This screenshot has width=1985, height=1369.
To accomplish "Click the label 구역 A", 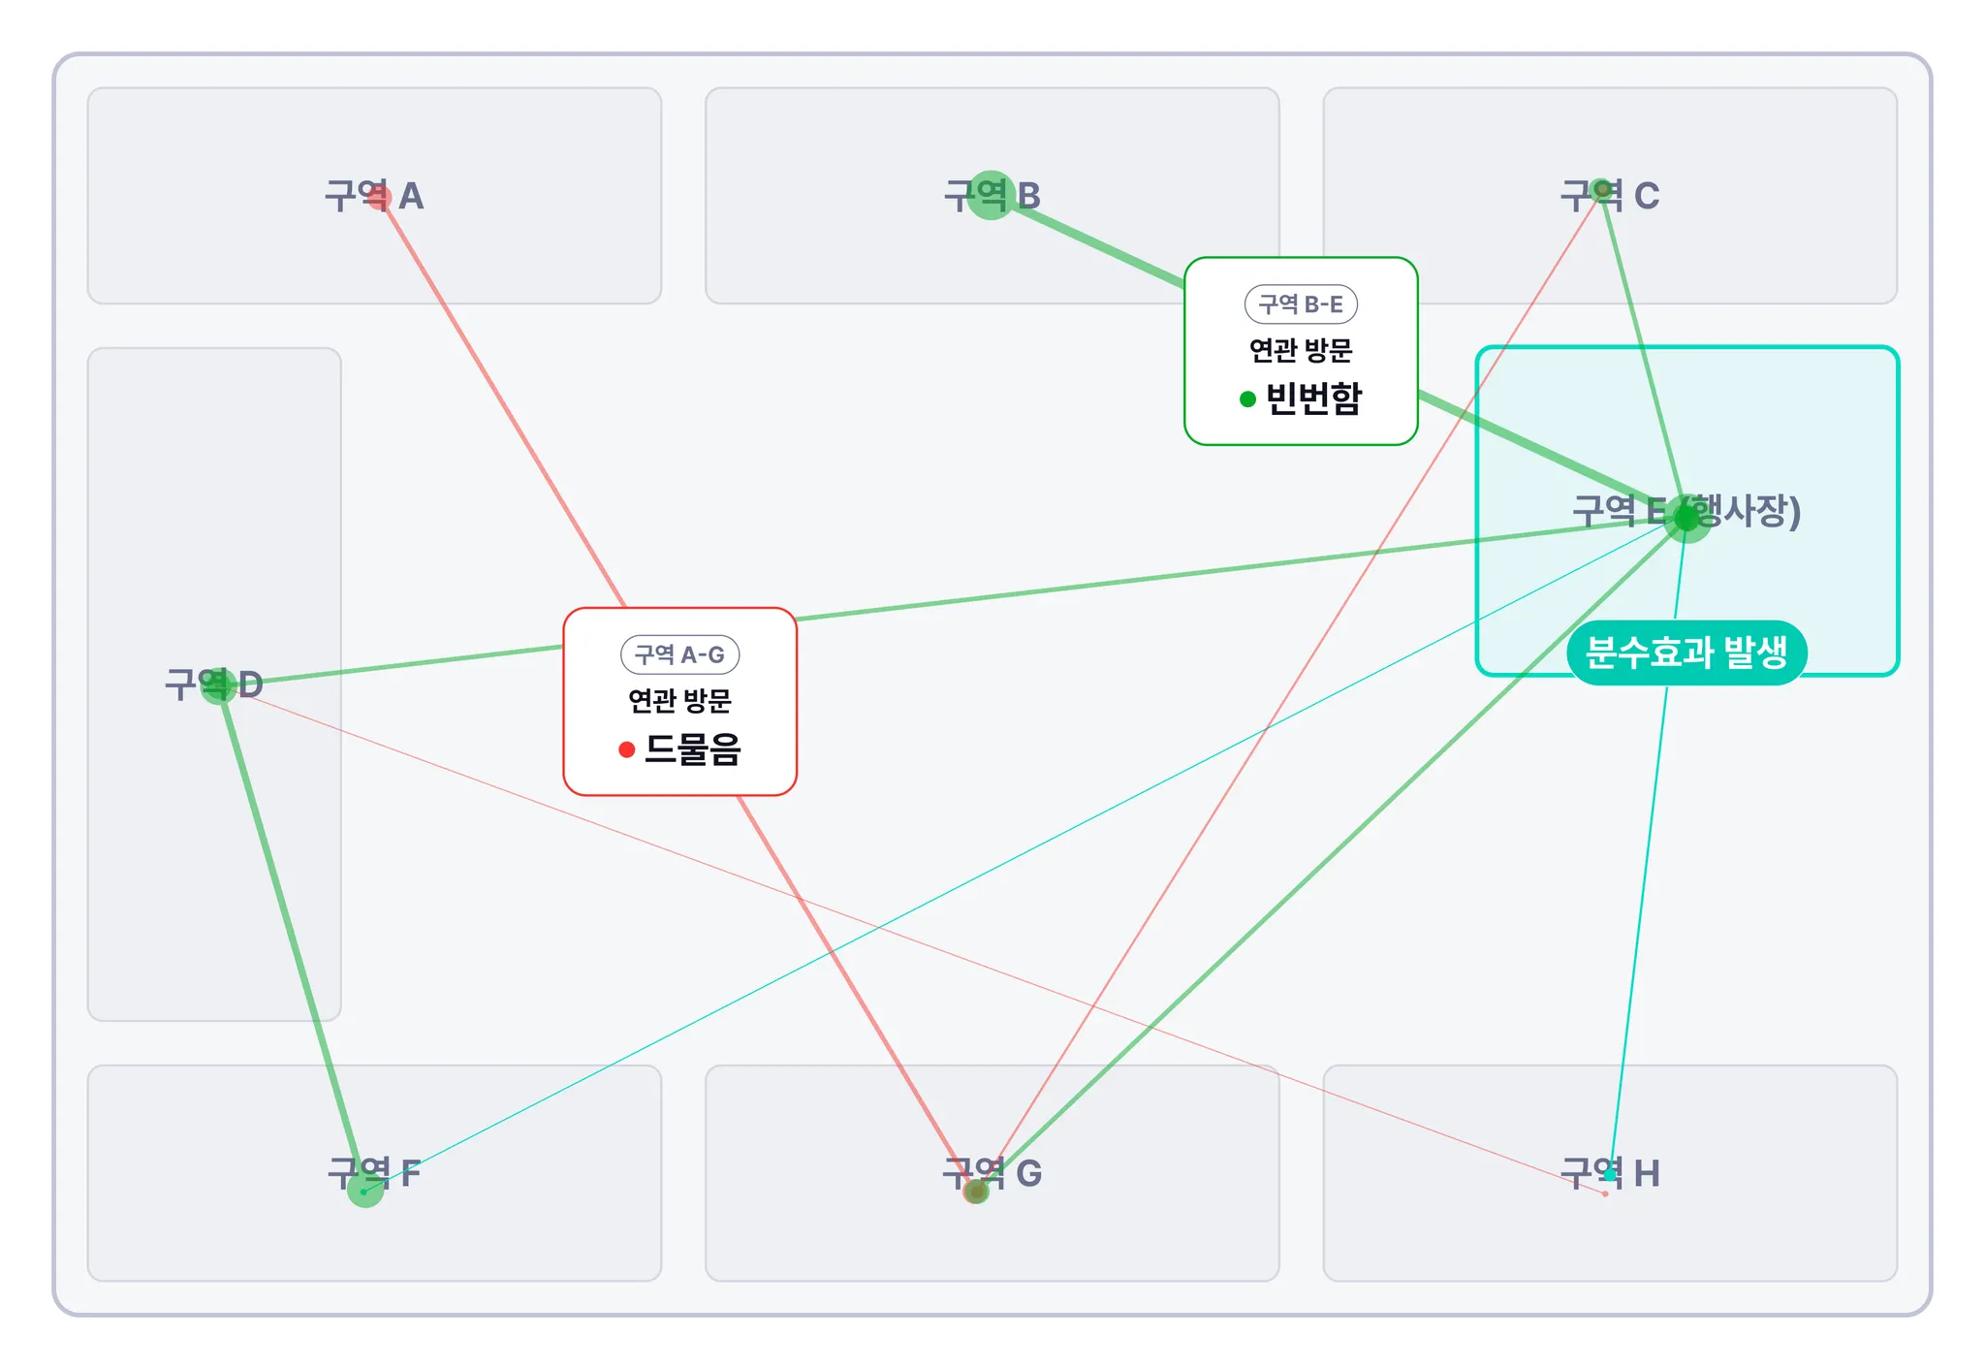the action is click(374, 197).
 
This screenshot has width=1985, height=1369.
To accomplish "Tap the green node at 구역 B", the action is click(991, 195).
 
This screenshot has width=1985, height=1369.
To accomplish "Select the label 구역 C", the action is click(1610, 196).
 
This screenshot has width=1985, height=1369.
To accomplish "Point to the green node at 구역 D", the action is click(218, 685).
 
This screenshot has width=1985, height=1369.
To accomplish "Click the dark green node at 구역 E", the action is click(1686, 518).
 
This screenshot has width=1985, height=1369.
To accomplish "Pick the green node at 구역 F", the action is click(365, 1189).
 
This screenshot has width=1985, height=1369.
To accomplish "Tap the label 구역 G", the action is click(992, 1173).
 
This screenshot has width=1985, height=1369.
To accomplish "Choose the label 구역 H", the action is click(1610, 1173).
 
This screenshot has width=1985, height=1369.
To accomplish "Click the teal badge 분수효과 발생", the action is click(1686, 653).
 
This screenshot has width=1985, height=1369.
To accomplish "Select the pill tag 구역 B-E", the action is click(1301, 304).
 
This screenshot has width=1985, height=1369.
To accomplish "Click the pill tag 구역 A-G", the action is click(679, 655).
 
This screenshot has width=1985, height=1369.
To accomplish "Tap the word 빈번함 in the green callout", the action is click(1314, 398).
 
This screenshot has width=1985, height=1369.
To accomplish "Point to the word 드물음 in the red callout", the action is click(693, 749).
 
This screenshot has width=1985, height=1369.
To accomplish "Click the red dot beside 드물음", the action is click(627, 749).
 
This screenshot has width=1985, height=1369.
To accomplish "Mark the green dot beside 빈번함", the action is click(1248, 399).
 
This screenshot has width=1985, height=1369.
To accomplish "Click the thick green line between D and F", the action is click(291, 936).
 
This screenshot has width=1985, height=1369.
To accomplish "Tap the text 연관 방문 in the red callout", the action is click(679, 701).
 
